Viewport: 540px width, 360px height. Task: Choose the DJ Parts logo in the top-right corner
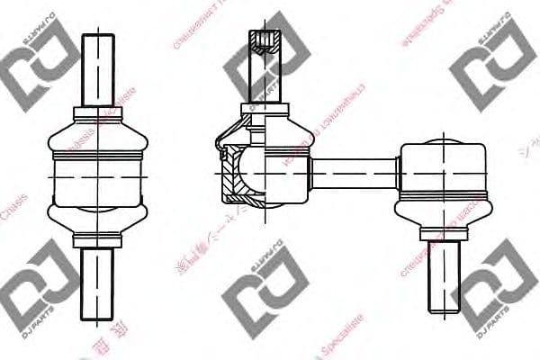[x=495, y=63]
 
